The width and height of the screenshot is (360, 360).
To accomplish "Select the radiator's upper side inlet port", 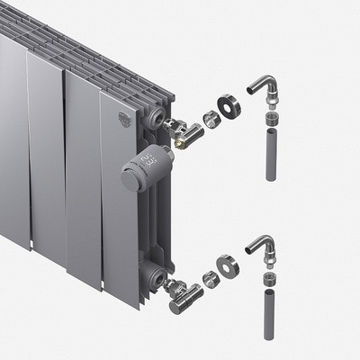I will pos(160,121).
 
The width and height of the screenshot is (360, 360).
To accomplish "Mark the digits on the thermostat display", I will pos(145,163).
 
